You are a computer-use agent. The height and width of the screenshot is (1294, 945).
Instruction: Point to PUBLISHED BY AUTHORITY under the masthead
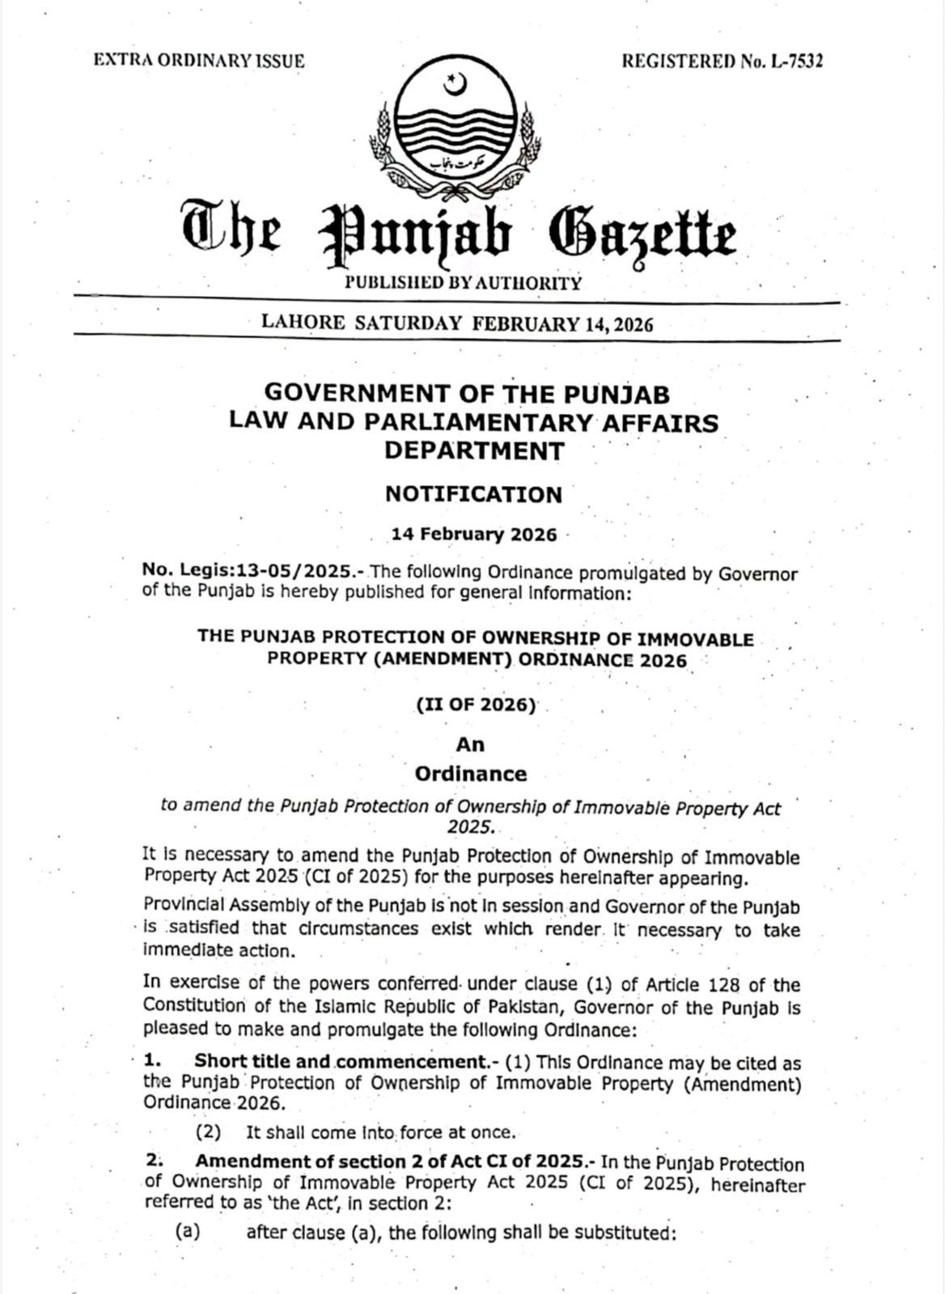(x=463, y=283)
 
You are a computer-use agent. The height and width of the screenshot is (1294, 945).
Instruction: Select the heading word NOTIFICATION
(x=473, y=494)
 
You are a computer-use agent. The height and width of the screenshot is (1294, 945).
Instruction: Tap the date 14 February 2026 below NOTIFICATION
(x=474, y=535)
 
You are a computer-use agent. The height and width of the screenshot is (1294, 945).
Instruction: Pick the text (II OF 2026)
(x=476, y=705)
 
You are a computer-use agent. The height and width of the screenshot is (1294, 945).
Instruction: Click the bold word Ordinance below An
(x=470, y=774)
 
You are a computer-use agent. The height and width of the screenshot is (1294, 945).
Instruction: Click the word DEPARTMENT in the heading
(x=473, y=450)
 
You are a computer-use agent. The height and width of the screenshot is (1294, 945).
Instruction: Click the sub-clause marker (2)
(x=209, y=1132)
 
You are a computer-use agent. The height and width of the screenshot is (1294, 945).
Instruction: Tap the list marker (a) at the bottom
(x=188, y=1233)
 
